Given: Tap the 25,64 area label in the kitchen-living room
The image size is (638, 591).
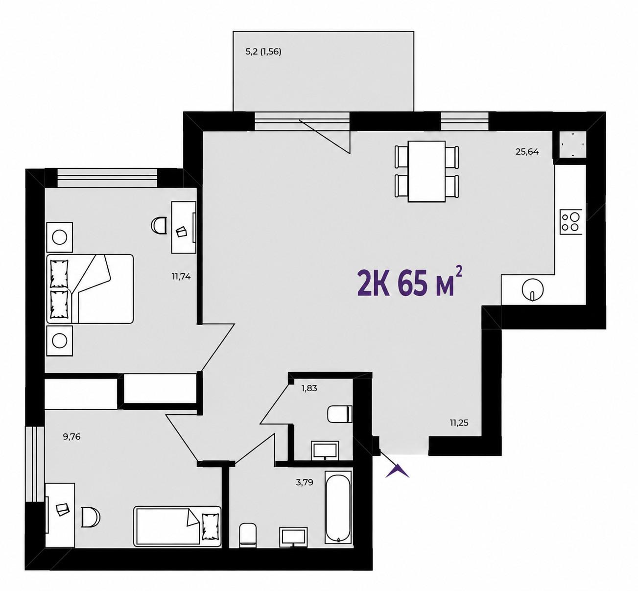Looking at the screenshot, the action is tap(527, 152).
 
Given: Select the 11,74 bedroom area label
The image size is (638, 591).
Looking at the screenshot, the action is tap(182, 276).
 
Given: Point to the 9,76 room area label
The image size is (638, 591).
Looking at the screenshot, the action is tap(71, 436).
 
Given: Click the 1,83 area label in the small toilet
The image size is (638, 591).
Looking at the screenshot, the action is tap(309, 388).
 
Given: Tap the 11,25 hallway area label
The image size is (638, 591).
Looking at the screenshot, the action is tap(459, 423).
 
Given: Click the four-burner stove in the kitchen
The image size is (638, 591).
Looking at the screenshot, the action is tap(571, 222).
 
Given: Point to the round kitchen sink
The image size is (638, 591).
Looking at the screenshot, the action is tap(533, 289).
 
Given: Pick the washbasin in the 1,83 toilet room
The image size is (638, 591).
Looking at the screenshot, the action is tap(325, 450).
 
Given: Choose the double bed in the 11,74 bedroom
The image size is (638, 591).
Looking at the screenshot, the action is tap(90, 288).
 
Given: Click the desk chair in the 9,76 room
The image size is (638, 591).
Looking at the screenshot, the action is tap(91, 517).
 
